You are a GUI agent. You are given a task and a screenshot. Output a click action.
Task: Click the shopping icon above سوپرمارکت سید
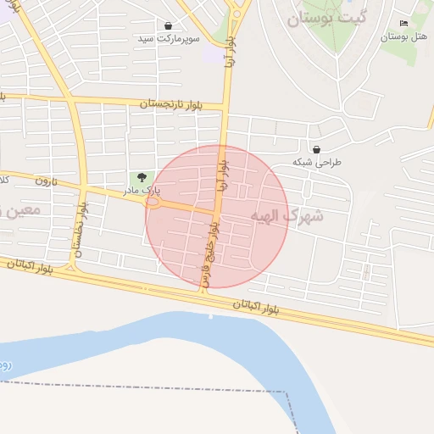tap(169, 26)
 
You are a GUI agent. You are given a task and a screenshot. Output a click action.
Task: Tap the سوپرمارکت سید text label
tap(170, 39)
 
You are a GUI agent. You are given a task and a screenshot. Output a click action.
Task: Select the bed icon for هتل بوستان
tap(403, 23)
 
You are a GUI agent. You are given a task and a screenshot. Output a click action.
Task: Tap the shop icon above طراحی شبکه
tap(316, 149)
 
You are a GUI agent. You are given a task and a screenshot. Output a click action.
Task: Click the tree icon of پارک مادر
tap(141, 176)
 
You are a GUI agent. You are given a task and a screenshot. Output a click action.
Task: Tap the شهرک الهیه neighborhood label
tap(287, 216)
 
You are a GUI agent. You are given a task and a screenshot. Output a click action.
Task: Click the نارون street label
tap(44, 181)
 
